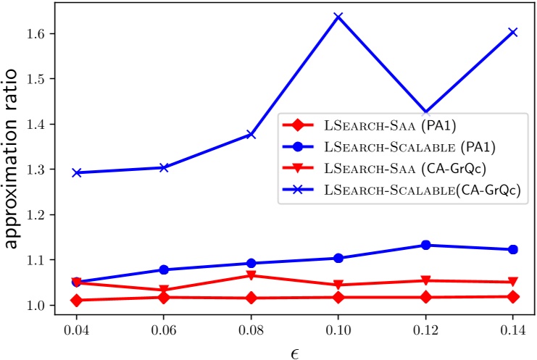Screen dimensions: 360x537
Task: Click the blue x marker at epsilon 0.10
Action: pos(338,17)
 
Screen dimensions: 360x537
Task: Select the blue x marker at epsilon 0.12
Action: pos(426,113)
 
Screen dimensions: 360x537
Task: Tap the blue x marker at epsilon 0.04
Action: pos(77,172)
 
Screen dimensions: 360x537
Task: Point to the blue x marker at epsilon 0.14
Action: pos(513,32)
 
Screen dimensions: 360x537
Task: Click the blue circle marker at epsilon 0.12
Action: pos(426,245)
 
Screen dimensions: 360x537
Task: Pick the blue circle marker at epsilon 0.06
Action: pos(164,269)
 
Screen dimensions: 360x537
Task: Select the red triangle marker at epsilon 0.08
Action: pos(251,275)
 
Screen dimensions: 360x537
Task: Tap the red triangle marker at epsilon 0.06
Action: pos(164,290)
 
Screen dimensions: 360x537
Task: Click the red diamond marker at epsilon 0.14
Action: pos(513,296)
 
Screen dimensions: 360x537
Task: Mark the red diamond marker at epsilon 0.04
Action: pos(77,300)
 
